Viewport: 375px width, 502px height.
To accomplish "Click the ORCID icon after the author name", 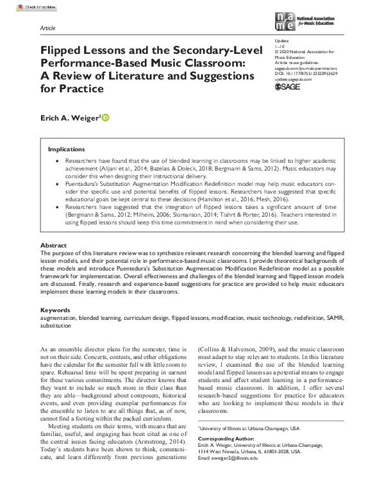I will tap(106, 117).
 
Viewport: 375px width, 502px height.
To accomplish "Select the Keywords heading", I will tap(55, 310).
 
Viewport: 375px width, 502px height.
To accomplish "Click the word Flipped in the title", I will tap(62, 51).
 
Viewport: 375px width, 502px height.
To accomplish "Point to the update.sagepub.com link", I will tap(290, 79).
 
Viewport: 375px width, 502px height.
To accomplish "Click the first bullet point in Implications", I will tap(58, 160).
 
